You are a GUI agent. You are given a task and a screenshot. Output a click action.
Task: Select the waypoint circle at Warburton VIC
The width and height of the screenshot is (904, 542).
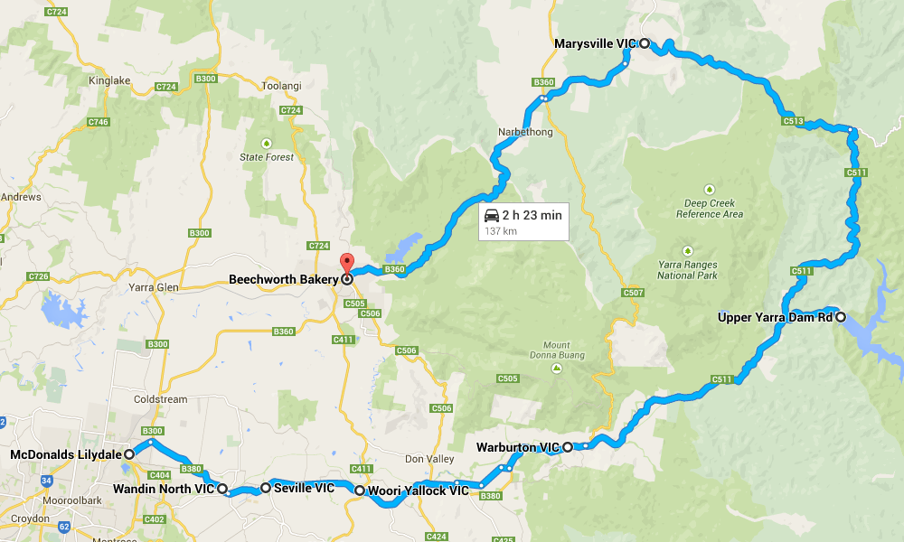click(568, 446)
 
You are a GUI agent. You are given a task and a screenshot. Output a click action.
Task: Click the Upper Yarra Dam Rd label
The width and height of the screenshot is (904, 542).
click(775, 317)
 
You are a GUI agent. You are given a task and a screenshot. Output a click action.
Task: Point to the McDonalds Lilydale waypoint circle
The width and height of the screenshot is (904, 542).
click(129, 453)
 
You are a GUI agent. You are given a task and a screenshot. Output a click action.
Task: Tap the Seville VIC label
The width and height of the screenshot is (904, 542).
click(304, 488)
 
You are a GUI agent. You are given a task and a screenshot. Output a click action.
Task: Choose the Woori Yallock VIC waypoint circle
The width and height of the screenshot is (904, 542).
click(360, 491)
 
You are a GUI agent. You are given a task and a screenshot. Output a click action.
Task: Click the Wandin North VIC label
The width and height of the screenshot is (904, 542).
click(164, 489)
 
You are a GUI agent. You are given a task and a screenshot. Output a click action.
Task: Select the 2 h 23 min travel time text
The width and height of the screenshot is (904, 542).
click(533, 215)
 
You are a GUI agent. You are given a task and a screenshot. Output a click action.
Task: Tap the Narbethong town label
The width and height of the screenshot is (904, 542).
click(523, 132)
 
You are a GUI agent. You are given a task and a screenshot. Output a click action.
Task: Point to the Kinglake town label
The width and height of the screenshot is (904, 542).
click(110, 80)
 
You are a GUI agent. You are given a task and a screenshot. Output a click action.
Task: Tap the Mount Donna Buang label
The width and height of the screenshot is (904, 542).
click(556, 350)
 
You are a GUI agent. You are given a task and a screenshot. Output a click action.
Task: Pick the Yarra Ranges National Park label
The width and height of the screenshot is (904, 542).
click(687, 269)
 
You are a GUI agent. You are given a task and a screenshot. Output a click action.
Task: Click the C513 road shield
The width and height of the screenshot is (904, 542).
click(794, 120)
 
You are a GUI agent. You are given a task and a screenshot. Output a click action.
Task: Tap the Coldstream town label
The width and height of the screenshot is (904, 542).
click(158, 399)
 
